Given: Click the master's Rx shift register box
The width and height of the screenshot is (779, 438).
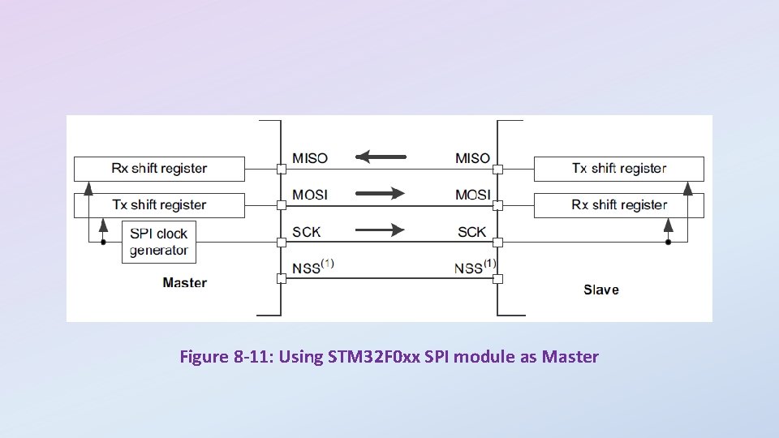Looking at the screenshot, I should [x=159, y=169].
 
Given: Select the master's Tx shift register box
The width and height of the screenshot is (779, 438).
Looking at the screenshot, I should [x=159, y=205].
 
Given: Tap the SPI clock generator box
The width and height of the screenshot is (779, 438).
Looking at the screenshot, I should [x=159, y=242].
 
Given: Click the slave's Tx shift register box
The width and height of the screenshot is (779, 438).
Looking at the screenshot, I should [x=618, y=169].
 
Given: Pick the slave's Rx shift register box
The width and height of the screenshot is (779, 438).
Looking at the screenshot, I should [x=618, y=205].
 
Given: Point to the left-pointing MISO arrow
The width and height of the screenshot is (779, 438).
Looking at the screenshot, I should [x=381, y=157].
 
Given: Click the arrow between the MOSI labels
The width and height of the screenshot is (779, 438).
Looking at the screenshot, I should [x=380, y=193].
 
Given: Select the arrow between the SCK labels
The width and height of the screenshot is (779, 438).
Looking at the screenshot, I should [x=380, y=230].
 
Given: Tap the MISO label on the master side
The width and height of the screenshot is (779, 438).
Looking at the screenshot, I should [x=310, y=158].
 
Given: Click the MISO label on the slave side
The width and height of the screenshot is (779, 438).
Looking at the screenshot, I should [x=472, y=158].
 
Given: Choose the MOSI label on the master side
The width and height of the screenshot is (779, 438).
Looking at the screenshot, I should [x=310, y=195].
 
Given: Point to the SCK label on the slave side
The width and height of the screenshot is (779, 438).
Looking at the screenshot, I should [x=471, y=232].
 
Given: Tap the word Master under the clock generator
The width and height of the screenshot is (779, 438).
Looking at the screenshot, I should [x=184, y=282].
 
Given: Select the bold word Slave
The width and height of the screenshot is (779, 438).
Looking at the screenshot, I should [x=600, y=290].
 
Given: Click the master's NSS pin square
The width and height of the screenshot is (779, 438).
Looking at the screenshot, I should [x=281, y=279].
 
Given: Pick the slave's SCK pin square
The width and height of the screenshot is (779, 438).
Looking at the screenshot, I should [x=498, y=243].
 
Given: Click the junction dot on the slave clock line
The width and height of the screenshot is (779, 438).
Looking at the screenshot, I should [x=668, y=243].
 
